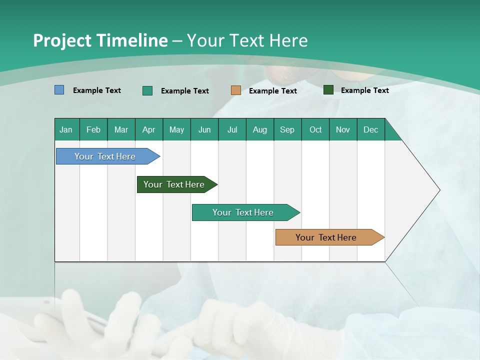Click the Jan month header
tap(66, 129)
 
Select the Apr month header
tap(148, 129)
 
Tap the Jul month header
tap(232, 129)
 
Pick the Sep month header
tap(287, 129)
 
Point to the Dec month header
tap(370, 129)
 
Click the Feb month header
tap(93, 129)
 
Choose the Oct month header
tap(315, 129)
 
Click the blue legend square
tap(59, 90)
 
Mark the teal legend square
tap(147, 90)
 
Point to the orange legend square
tap(236, 90)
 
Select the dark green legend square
tap(328, 90)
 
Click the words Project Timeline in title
tap(100, 40)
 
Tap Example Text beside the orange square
tap(272, 91)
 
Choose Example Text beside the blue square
tap(97, 90)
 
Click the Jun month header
tap(204, 129)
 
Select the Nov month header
tap(342, 129)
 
